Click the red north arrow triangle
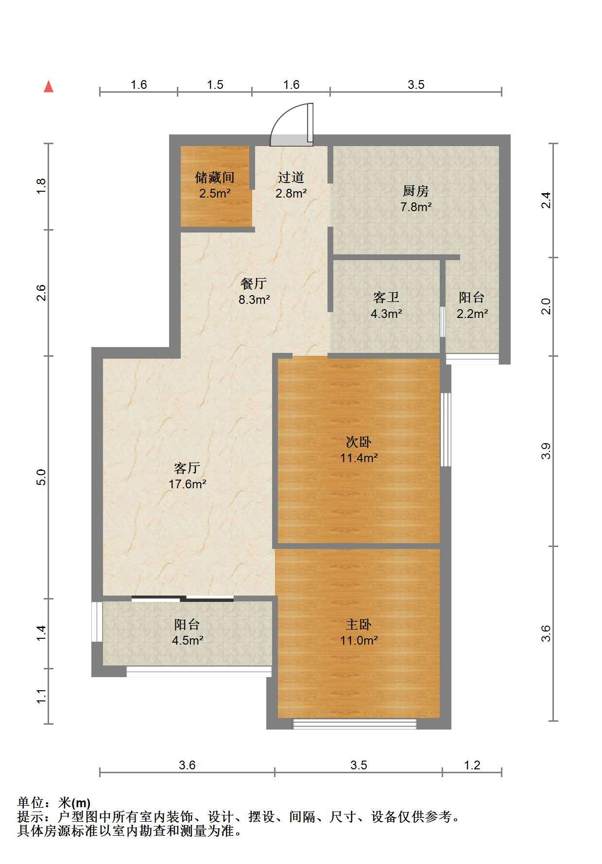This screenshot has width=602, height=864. click(49, 86)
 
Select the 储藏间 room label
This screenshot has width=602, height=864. click(215, 177)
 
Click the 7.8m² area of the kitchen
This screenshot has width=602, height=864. click(416, 207)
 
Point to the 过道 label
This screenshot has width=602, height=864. click(291, 177)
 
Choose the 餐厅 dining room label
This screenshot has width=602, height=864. click(254, 283)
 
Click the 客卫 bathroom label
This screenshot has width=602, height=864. click(386, 297)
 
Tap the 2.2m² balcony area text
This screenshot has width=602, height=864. click(472, 314)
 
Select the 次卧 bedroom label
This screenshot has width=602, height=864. click(359, 442)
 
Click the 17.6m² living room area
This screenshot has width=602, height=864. click(188, 484)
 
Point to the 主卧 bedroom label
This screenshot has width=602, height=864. click(359, 624)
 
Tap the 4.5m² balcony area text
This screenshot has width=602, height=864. click(188, 640)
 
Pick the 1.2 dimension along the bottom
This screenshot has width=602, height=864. click(472, 765)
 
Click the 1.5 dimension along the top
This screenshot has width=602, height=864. click(215, 85)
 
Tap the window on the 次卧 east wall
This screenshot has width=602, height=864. click(446, 430)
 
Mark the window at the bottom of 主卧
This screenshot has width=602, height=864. click(355, 724)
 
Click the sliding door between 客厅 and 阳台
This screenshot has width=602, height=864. click(183, 598)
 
